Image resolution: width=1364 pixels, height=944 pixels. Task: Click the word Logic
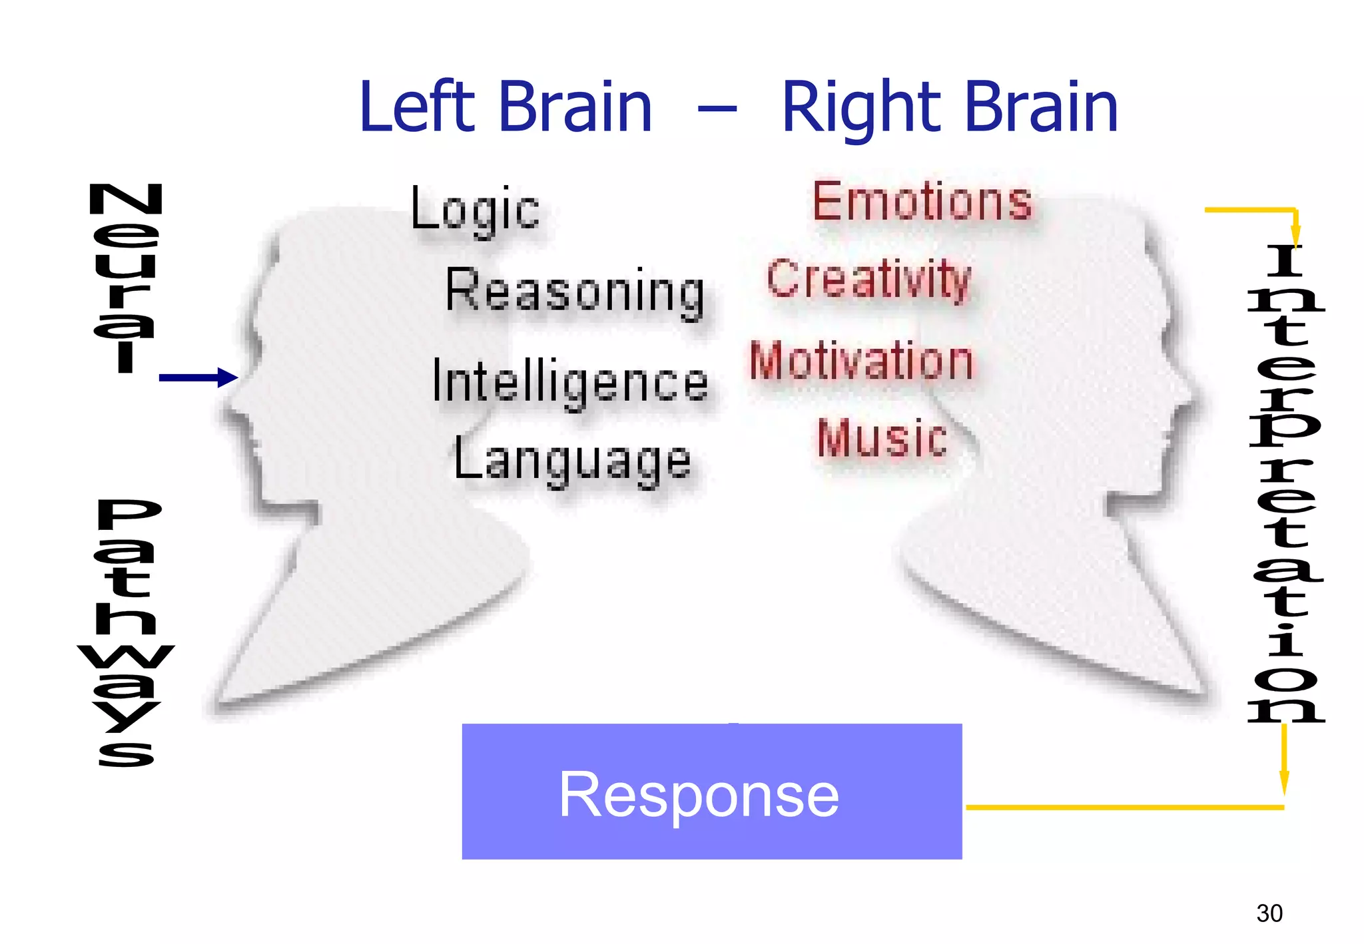(x=475, y=210)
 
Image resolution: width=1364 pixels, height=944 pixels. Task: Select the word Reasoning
(x=575, y=292)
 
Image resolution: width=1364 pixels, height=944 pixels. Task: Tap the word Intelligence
(x=570, y=382)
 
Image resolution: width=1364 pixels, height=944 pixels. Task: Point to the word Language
(x=572, y=461)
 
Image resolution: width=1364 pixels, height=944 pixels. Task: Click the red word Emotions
(x=922, y=201)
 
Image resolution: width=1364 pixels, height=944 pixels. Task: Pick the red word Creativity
(x=868, y=280)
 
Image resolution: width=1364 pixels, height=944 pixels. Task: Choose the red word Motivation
(x=861, y=361)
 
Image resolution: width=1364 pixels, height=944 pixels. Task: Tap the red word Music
(x=882, y=439)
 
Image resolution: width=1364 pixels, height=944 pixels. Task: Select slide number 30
(x=1269, y=913)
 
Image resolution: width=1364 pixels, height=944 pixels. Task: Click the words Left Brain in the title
(x=505, y=107)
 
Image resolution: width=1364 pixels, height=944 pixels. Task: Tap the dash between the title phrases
(x=717, y=109)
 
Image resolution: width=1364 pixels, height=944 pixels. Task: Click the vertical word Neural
(x=125, y=278)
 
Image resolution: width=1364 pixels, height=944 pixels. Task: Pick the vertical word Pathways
(x=127, y=632)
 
